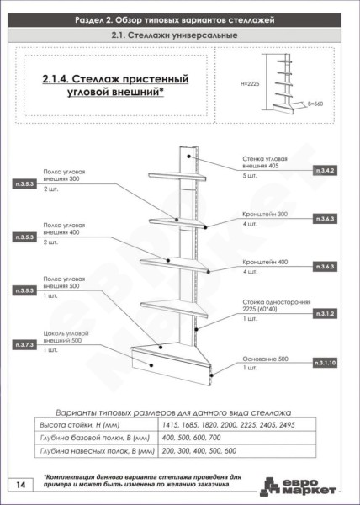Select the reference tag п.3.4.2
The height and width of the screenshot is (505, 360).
[x=326, y=171]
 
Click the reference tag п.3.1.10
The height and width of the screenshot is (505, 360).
[x=326, y=363]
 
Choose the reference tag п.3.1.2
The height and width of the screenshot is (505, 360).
[x=326, y=313]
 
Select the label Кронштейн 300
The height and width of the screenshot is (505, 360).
[x=264, y=215]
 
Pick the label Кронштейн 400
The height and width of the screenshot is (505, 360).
[x=264, y=263]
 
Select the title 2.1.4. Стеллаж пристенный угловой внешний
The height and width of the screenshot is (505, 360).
[x=114, y=84]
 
